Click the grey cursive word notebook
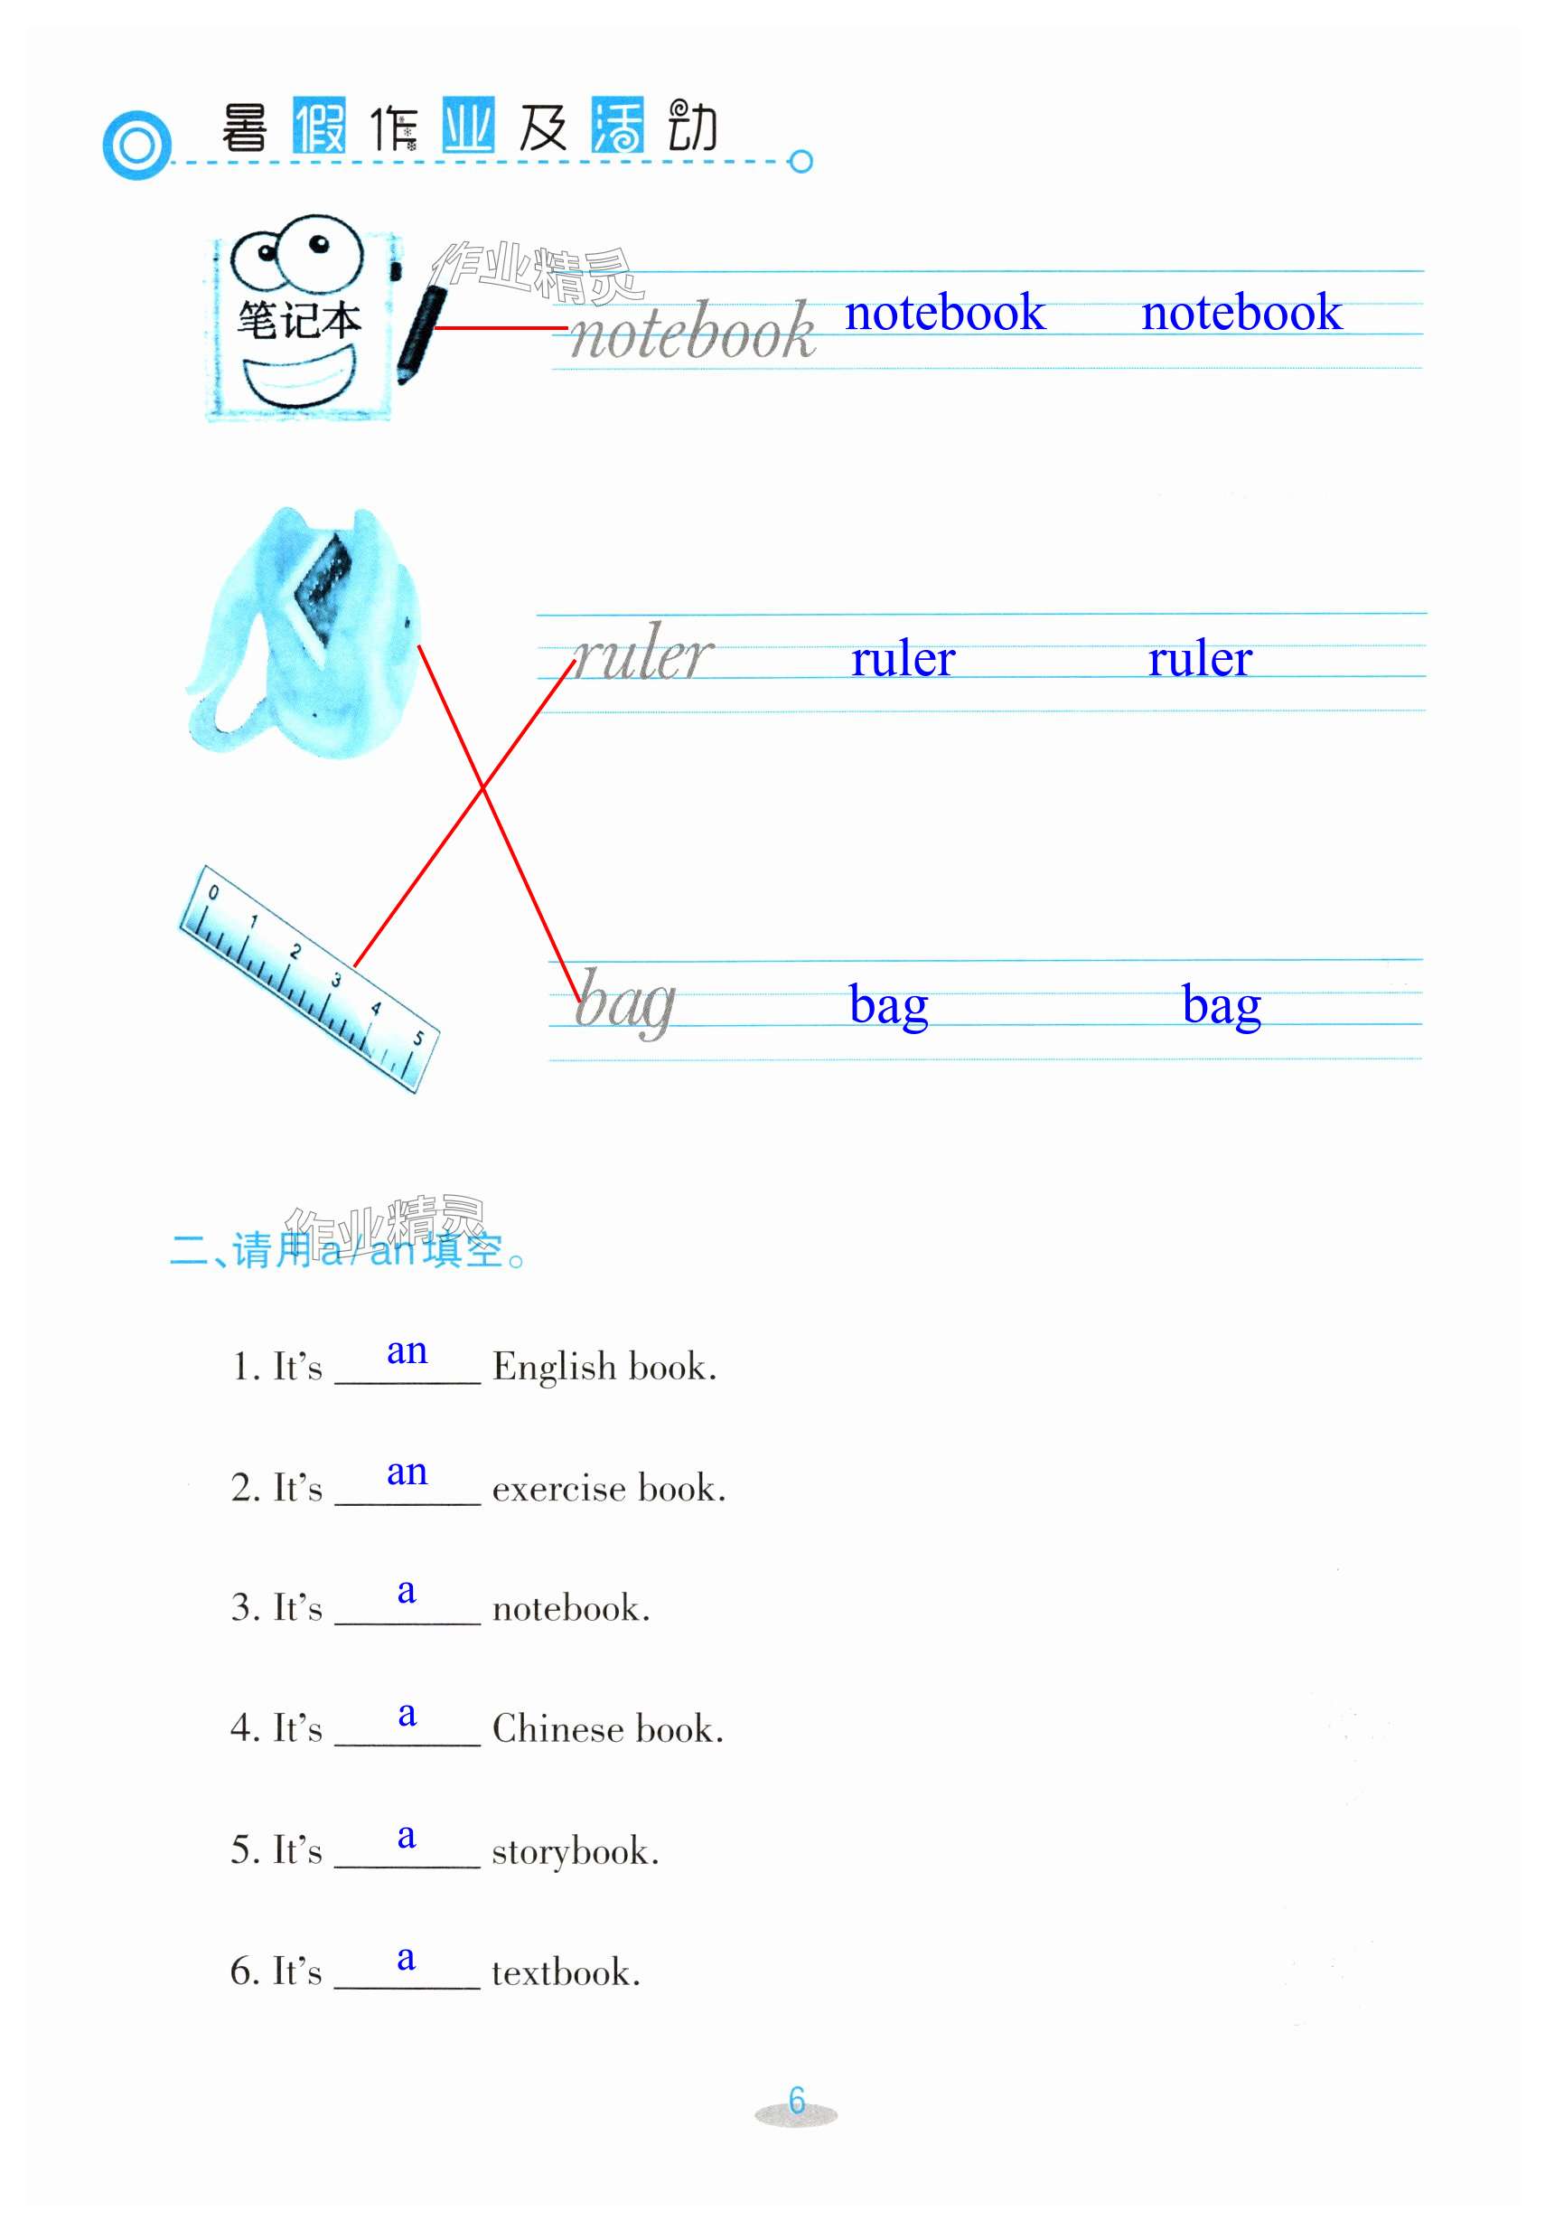pyautogui.click(x=692, y=332)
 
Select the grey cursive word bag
pyautogui.click(x=625, y=1002)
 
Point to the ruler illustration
pyautogui.click(x=309, y=978)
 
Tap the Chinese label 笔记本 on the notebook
pyautogui.click(x=299, y=321)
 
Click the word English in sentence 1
pyautogui.click(x=555, y=1368)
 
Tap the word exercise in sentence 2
pyautogui.click(x=558, y=1488)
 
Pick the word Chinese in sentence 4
pyautogui.click(x=557, y=1729)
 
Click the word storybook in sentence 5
pyautogui.click(x=574, y=1850)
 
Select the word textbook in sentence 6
pyautogui.click(x=566, y=1971)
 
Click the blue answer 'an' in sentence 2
pyautogui.click(x=407, y=1472)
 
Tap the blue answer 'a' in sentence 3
pyautogui.click(x=407, y=1591)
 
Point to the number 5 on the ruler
pyautogui.click(x=418, y=1038)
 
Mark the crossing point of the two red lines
pyautogui.click(x=483, y=789)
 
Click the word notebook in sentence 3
pyautogui.click(x=570, y=1608)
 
